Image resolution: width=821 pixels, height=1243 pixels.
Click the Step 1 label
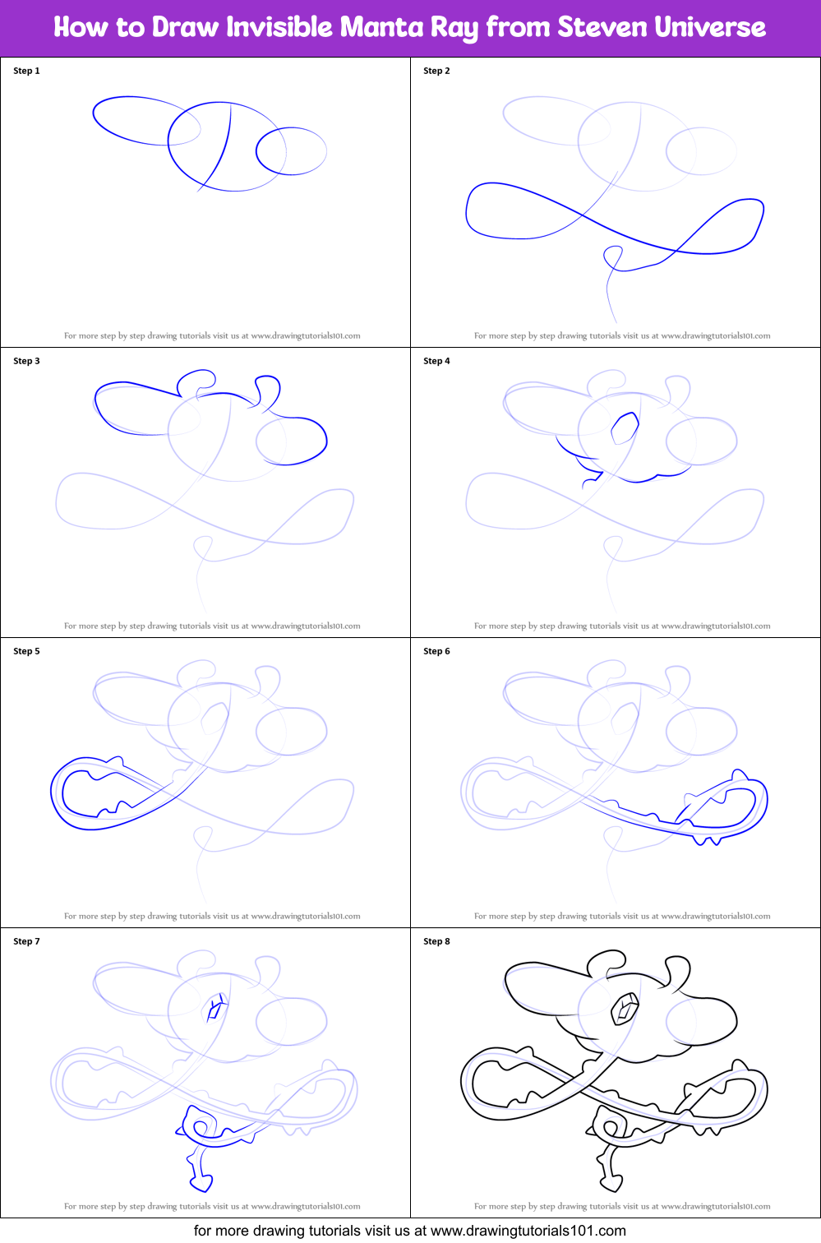click(26, 71)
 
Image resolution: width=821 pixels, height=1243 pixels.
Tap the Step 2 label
click(436, 71)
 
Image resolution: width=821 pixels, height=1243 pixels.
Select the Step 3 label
click(26, 361)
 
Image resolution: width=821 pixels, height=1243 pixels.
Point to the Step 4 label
click(436, 361)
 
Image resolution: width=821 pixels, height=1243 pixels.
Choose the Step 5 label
click(26, 651)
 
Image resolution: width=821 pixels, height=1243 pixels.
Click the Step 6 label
click(436, 651)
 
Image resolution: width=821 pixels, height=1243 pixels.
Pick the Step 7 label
click(26, 941)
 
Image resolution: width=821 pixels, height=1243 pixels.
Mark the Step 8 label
click(436, 941)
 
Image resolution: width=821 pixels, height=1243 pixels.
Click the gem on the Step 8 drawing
click(625, 1009)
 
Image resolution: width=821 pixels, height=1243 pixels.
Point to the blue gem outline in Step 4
click(625, 428)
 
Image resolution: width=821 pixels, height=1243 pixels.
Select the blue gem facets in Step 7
click(216, 1008)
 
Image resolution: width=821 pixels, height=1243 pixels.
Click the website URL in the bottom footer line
click(528, 1231)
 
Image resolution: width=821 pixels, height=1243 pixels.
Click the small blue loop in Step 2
click(613, 257)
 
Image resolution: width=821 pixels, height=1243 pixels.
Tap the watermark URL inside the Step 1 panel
click(306, 335)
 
